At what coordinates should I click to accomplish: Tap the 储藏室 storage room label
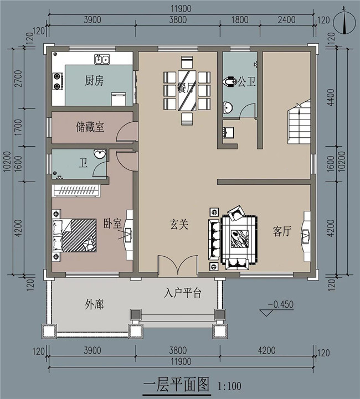tap(90, 127)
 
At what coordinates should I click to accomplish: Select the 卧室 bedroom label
tap(112, 224)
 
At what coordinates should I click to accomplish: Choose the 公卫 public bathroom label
tap(247, 82)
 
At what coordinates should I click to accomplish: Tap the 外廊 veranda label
tap(95, 304)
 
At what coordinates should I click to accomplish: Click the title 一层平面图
tap(177, 384)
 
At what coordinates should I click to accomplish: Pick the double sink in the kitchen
tap(102, 59)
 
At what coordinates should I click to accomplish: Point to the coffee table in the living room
tap(239, 236)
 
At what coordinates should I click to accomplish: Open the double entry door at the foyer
tap(178, 266)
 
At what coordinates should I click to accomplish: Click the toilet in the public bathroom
tap(228, 82)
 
